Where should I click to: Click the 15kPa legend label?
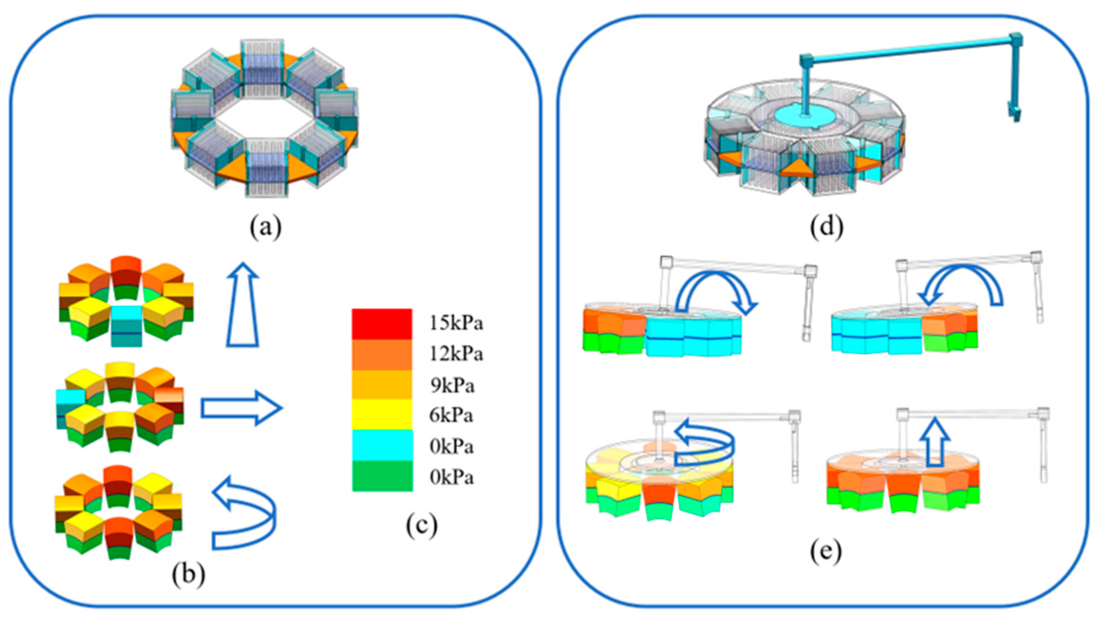click(x=456, y=323)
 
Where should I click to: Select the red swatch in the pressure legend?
click(x=382, y=324)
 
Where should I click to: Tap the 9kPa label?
click(x=452, y=386)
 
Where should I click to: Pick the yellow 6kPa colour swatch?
click(x=382, y=414)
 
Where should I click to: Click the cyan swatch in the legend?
click(x=382, y=446)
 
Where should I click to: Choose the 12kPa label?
click(x=456, y=354)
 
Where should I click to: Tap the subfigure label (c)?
click(x=421, y=526)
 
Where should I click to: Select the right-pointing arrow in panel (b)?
click(x=242, y=408)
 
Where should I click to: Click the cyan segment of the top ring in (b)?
click(x=126, y=325)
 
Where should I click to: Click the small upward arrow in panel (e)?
click(x=935, y=443)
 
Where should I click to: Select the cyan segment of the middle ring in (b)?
click(x=69, y=402)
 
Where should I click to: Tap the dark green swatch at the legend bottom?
click(x=382, y=476)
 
